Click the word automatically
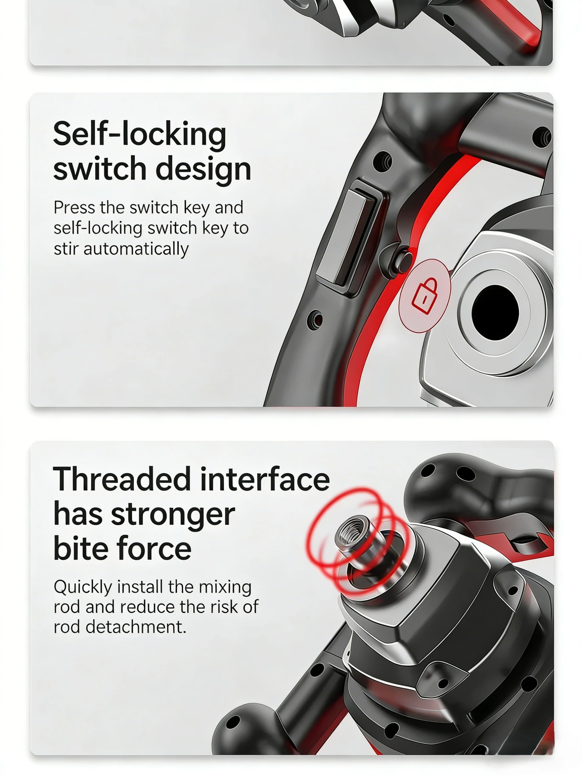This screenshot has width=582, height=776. point(136,249)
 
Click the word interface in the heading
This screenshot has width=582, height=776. point(265,480)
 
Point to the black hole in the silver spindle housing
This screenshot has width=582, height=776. point(495,312)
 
